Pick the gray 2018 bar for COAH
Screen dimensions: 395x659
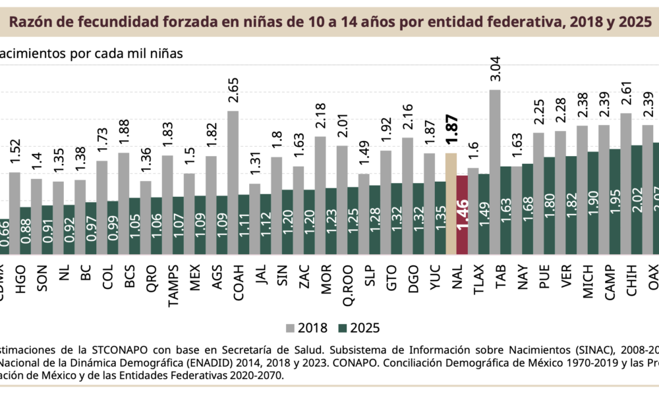233,151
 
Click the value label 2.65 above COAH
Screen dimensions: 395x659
233,93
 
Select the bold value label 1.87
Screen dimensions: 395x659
451,134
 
